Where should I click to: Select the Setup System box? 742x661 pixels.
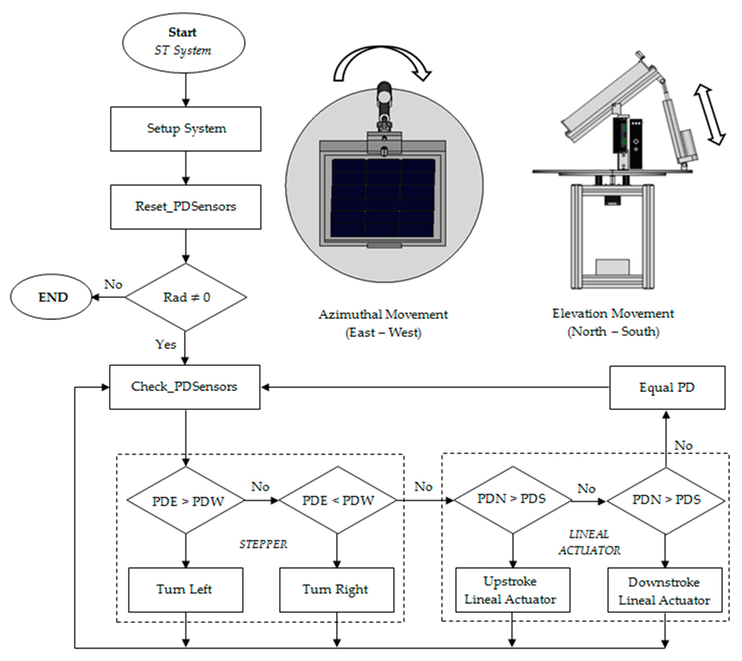coord(185,129)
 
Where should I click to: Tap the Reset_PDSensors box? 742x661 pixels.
coord(185,207)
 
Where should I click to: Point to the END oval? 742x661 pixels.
coord(51,297)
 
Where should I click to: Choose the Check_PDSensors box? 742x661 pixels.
coord(185,387)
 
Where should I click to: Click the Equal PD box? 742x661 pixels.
coord(667,387)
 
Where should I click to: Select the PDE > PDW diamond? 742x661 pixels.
coord(186,500)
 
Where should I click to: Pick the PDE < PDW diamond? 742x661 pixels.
coord(337,500)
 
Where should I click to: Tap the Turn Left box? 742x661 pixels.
coord(185,590)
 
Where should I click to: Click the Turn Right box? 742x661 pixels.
coord(336,590)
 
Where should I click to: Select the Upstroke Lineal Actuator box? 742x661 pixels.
coord(513,590)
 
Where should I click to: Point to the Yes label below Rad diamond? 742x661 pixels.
coord(166,344)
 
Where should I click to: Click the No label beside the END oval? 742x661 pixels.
coord(113,284)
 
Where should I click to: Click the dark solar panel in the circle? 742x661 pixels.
coord(383,197)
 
